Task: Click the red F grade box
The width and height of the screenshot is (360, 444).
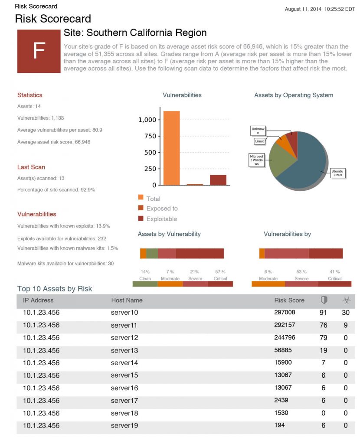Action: coord(39,51)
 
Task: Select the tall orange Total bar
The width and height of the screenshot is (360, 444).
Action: coord(171,148)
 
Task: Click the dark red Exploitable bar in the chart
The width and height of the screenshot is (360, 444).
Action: coord(218,180)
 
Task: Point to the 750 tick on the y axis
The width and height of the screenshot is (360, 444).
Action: coord(150,136)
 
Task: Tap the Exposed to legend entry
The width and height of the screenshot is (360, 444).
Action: coord(162,209)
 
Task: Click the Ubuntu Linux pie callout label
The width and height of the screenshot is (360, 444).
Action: coord(337,173)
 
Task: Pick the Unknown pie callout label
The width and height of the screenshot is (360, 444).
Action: coord(258,131)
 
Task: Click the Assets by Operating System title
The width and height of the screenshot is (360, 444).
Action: coord(294,95)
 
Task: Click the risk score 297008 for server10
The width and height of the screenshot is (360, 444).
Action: coord(285,312)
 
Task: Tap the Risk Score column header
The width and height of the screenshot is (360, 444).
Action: coord(289,300)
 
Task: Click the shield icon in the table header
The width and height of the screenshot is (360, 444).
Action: coord(324,300)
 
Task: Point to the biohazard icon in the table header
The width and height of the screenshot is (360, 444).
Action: coord(346,300)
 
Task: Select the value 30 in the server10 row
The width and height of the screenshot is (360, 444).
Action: coord(346,312)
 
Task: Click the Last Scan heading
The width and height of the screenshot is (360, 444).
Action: coord(31,167)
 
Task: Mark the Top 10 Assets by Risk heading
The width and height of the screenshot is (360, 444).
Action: coord(55,289)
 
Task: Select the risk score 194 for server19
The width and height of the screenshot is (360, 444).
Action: coord(280,425)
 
